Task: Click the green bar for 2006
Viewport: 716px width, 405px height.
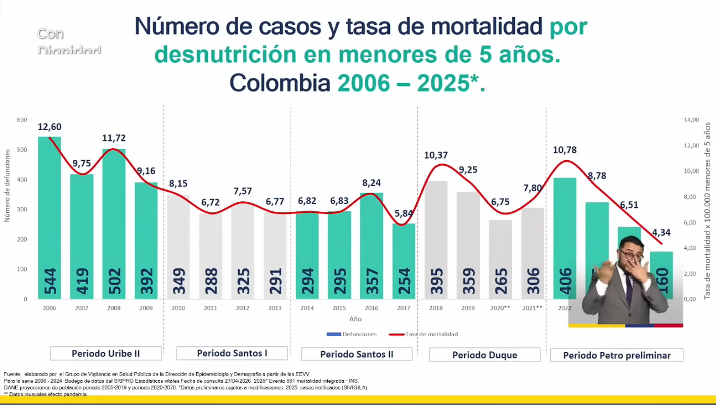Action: click(50, 217)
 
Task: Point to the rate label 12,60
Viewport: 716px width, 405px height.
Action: click(50, 126)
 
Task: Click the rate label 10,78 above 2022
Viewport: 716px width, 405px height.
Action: click(565, 150)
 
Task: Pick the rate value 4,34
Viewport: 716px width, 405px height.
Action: click(661, 233)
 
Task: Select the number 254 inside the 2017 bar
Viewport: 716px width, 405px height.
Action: click(404, 281)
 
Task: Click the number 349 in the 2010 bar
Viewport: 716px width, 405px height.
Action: click(178, 281)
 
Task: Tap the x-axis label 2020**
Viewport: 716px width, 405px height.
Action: click(500, 308)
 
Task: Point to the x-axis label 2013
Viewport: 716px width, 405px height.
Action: click(275, 308)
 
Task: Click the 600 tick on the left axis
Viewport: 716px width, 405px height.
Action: click(21, 120)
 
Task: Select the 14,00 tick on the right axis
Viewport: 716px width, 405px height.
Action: click(691, 120)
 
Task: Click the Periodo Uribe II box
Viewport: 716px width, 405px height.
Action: click(106, 353)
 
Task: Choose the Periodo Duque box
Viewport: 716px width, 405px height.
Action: click(484, 355)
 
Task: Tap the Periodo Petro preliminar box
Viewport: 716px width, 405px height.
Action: click(617, 355)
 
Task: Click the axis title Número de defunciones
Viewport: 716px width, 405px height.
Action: click(7, 185)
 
